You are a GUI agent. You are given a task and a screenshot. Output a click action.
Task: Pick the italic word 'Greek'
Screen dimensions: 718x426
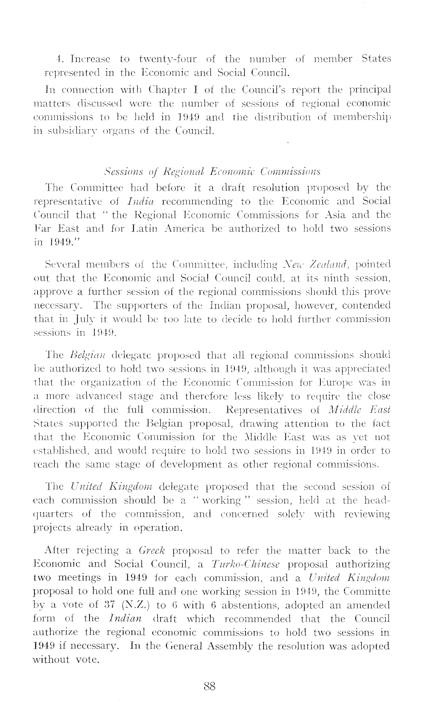152,551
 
